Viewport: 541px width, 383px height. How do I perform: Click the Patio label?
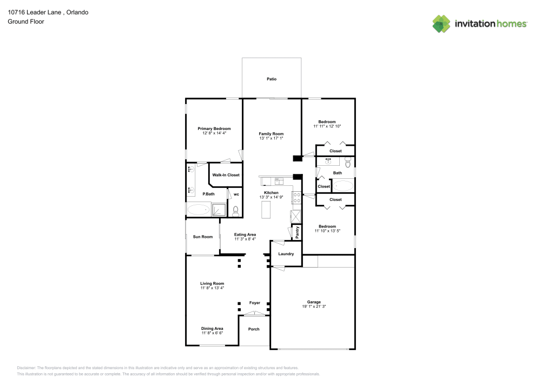pos(272,79)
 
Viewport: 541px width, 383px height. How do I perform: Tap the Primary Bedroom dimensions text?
pos(214,133)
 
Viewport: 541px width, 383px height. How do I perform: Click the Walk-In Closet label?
pos(226,175)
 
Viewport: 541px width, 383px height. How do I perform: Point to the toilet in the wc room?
pos(235,211)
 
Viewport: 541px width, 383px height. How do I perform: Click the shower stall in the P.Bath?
pos(220,210)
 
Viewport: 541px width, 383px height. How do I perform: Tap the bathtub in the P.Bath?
pos(198,210)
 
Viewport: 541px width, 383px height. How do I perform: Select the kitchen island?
pos(266,209)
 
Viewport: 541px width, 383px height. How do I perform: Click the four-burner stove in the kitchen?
pos(296,197)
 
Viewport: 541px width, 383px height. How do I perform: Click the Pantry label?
pos(297,232)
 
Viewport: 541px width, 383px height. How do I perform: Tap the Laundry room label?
pos(286,254)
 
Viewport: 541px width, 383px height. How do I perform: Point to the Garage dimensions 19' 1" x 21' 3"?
pos(314,307)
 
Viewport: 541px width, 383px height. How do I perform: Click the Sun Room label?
pos(203,237)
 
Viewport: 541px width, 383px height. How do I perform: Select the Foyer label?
pos(254,303)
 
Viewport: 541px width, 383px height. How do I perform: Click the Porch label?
pos(254,329)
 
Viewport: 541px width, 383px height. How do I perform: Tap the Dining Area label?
pos(212,328)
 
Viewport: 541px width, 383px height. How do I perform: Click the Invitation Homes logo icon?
pos(441,24)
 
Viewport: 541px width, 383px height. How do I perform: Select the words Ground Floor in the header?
pos(26,22)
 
